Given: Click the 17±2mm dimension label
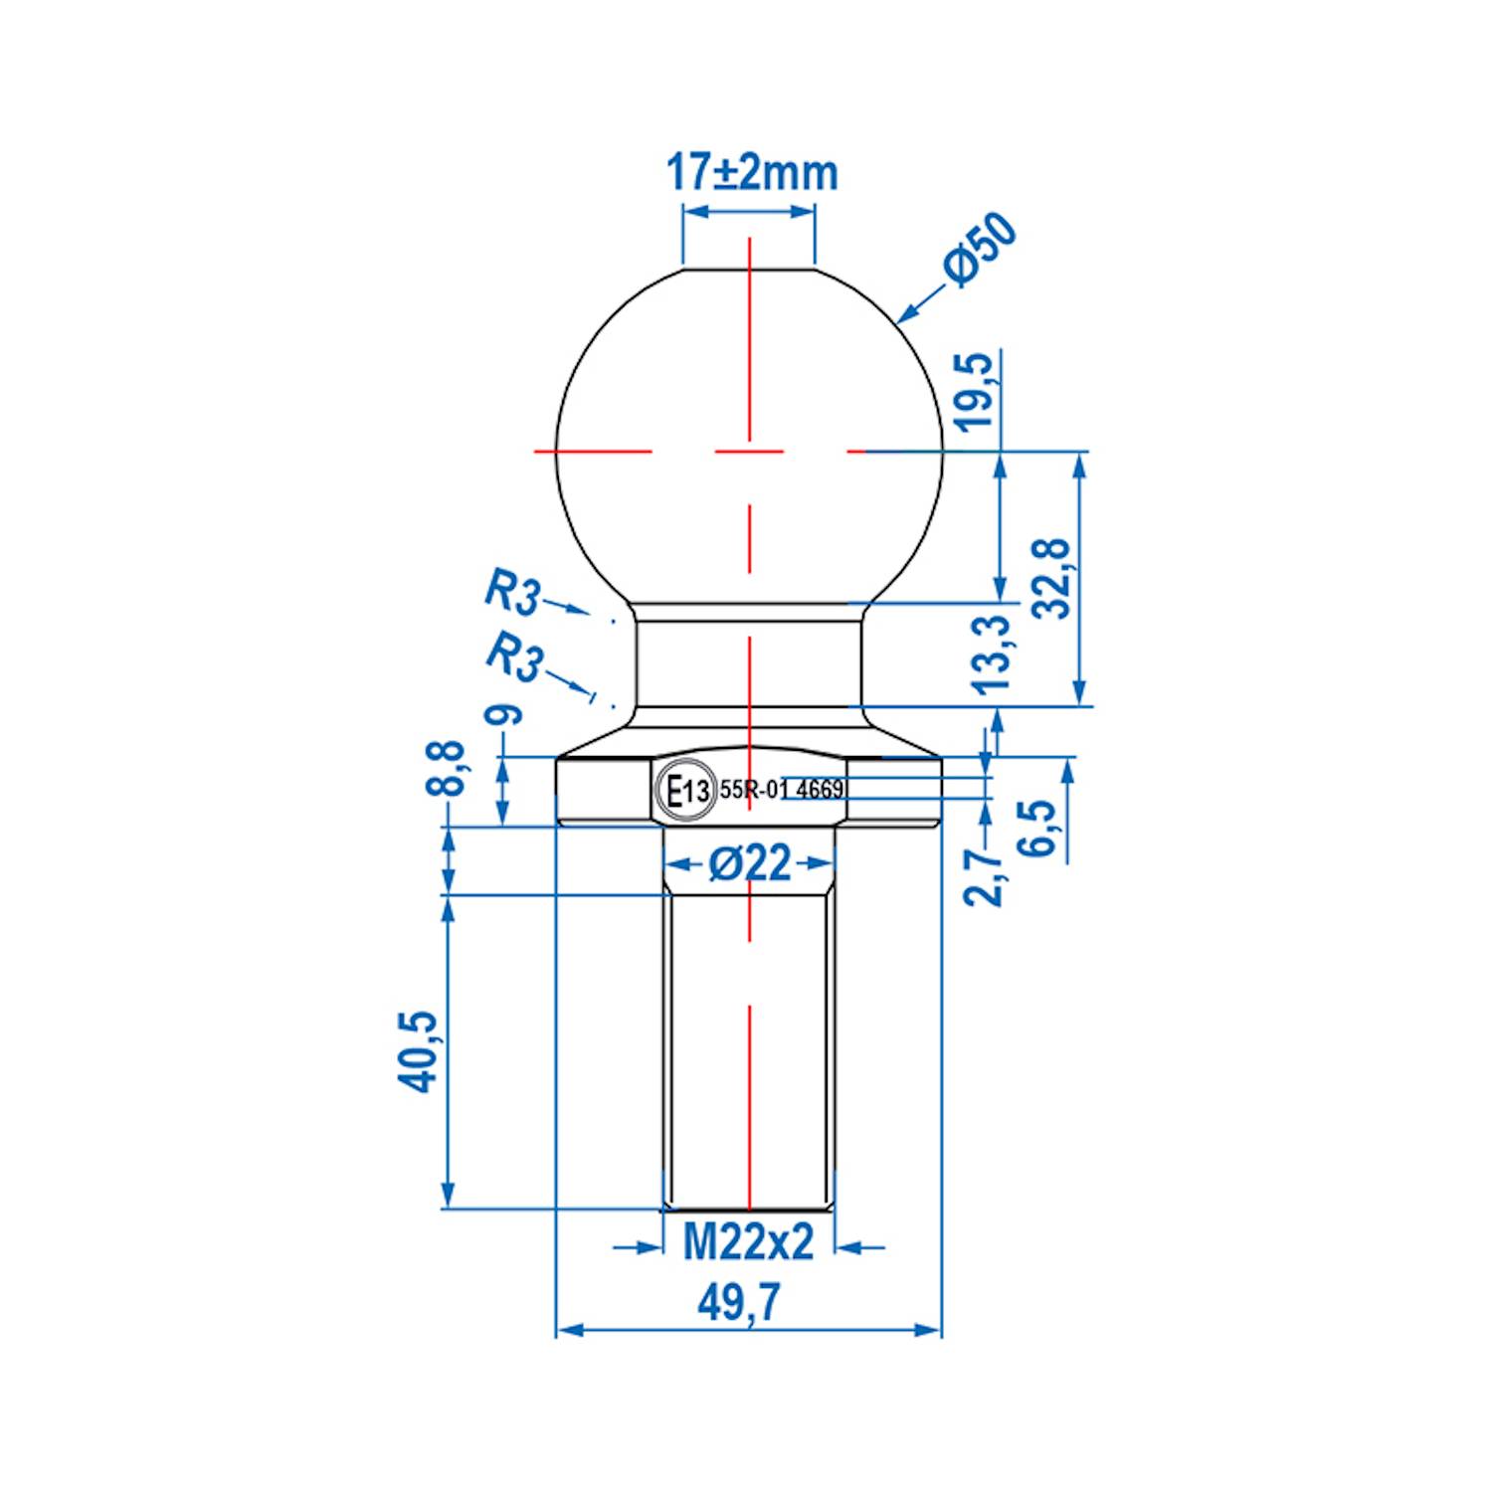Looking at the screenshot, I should pyautogui.click(x=751, y=172).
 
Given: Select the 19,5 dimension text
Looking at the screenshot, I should pyautogui.click(x=976, y=391).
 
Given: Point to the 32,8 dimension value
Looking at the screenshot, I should pyautogui.click(x=1052, y=578).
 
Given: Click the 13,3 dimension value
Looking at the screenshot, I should pyautogui.click(x=992, y=653).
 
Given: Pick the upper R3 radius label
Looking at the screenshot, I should pyautogui.click(x=512, y=592).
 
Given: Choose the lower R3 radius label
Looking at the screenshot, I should pyautogui.click(x=514, y=656).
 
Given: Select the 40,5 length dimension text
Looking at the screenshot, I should pyautogui.click(x=419, y=1051).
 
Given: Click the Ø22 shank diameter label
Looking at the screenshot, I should pyautogui.click(x=750, y=863).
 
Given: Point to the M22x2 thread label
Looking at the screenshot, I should pyautogui.click(x=748, y=1242).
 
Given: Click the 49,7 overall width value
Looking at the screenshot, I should pyautogui.click(x=738, y=1302).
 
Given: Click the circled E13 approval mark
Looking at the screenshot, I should pyautogui.click(x=686, y=791).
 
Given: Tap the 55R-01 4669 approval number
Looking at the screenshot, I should pyautogui.click(x=782, y=790).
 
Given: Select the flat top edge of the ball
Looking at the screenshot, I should pyautogui.click(x=749, y=269).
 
